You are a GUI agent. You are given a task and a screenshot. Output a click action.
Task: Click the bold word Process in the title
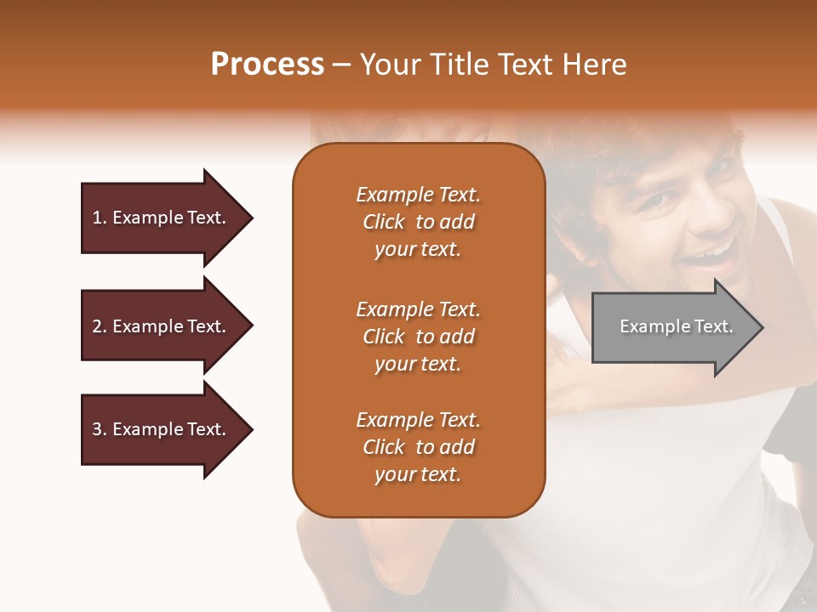tap(267, 65)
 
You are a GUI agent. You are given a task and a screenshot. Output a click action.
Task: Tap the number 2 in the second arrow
tap(97, 326)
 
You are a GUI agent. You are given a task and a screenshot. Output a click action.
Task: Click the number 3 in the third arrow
tap(97, 429)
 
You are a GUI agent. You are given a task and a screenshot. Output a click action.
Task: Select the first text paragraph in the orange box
tap(418, 222)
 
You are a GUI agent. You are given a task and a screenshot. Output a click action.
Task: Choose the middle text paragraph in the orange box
tap(418, 337)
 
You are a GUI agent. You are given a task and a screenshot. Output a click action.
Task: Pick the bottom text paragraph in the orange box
tap(418, 447)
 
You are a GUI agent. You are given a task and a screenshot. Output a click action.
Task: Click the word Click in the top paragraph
tap(384, 222)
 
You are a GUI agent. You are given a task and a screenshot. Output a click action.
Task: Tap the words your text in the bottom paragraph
tap(418, 474)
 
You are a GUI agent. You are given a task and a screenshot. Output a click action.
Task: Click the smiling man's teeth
tap(712, 251)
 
